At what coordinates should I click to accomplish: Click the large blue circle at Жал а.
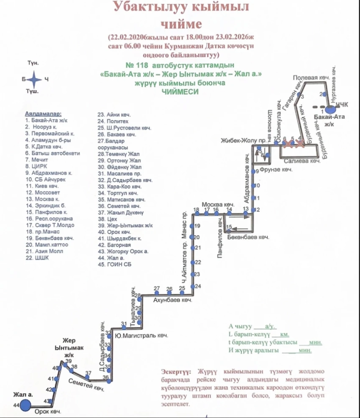coord(26,405)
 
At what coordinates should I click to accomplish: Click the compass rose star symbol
coord(35,79)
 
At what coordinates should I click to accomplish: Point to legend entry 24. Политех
coord(111,121)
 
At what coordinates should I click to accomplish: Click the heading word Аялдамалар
coord(43,114)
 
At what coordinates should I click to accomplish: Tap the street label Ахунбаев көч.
coord(172,300)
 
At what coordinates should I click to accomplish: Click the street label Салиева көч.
coord(302,162)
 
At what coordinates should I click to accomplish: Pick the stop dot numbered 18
coord(196,213)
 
